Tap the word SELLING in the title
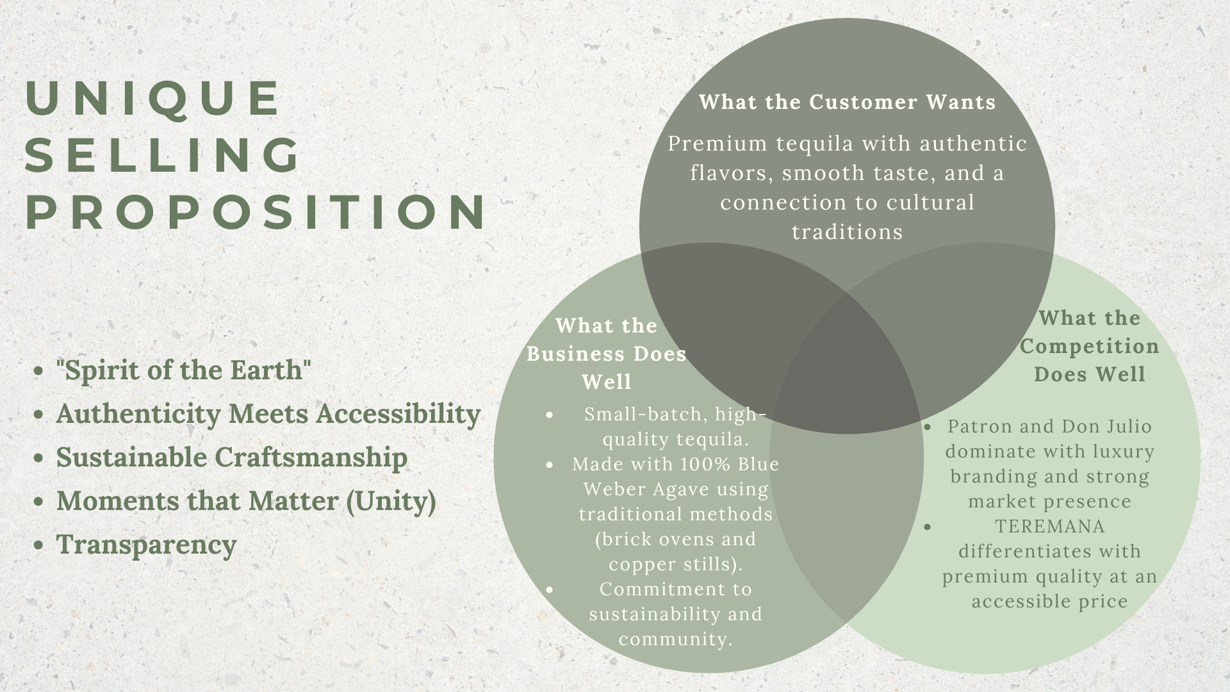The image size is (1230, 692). [163, 154]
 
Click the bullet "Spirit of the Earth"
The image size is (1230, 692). [184, 370]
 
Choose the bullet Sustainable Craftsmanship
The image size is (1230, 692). [232, 457]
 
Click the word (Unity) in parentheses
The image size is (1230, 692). [391, 501]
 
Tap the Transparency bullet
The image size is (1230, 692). [147, 545]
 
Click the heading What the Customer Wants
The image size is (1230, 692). [848, 102]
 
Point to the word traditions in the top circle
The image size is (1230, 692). [847, 231]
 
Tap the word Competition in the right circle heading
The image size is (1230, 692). [1090, 346]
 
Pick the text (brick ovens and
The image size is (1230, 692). [676, 540]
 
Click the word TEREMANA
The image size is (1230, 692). [1050, 527]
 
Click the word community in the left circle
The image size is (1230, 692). [673, 639]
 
